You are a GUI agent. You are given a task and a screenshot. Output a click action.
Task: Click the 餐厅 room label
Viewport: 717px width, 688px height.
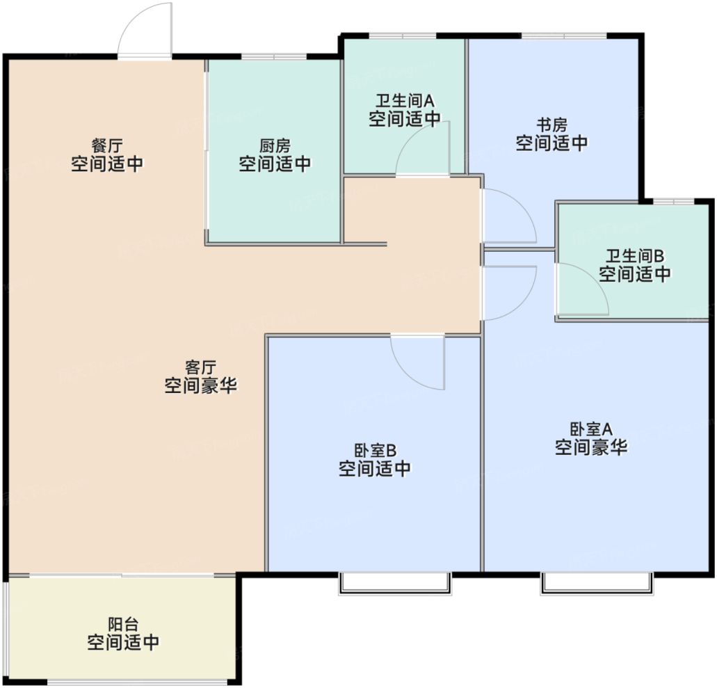click(x=107, y=146)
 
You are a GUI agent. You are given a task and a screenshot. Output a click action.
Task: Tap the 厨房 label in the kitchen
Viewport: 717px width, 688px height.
click(x=275, y=146)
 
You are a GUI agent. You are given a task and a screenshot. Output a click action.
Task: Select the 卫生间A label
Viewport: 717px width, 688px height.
click(x=405, y=101)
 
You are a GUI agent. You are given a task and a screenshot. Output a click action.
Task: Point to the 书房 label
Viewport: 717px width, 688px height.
click(x=552, y=125)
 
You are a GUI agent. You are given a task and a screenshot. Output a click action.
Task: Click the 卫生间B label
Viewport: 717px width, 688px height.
click(x=635, y=256)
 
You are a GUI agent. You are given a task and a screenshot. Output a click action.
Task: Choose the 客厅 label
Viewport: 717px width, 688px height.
click(x=201, y=367)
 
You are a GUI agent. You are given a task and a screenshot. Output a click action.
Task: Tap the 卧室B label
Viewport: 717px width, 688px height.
click(x=375, y=451)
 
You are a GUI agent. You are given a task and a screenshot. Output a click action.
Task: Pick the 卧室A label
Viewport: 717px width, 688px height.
click(x=591, y=429)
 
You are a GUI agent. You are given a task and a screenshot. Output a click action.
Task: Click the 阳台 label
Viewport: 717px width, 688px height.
click(x=124, y=624)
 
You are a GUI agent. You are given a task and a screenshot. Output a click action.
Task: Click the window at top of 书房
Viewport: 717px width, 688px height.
click(x=564, y=35)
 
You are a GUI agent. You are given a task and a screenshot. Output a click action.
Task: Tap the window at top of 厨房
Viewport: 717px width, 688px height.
click(x=274, y=57)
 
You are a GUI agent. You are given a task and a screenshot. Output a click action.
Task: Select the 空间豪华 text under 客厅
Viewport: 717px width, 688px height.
click(x=201, y=386)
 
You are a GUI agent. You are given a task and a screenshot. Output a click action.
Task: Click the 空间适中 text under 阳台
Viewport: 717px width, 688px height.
click(x=124, y=643)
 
